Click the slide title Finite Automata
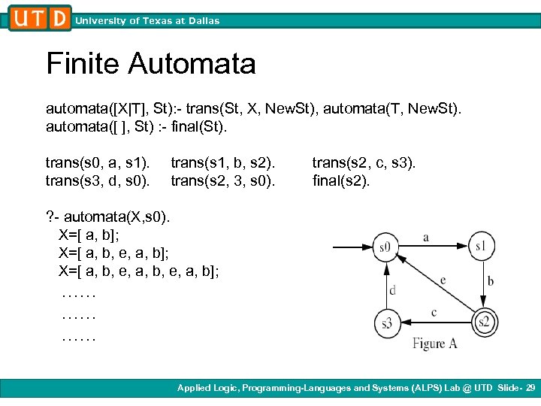pos(151,63)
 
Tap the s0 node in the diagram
pos(385,246)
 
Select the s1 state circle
pos(481,246)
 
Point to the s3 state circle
pos(386,323)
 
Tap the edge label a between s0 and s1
pos(426,238)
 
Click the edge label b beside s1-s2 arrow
pos(490,282)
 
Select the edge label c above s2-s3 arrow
pos(434,312)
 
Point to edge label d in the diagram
pos(391,289)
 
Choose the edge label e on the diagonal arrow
pos(443,280)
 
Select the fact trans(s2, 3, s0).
pos(224,180)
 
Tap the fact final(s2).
pos(341,180)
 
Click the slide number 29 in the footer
pos(530,388)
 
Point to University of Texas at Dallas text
pos(147,21)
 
